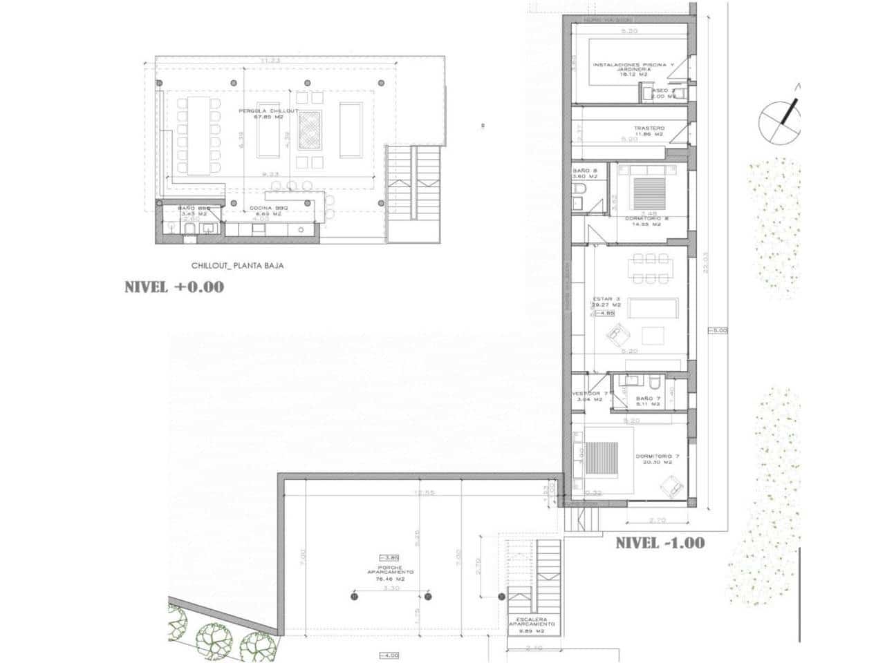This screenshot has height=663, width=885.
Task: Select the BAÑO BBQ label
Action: [x=194, y=208]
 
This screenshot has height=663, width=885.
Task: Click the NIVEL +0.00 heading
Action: [x=174, y=287]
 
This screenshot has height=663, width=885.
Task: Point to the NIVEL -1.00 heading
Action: [x=660, y=543]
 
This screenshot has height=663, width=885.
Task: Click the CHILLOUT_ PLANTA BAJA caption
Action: [x=237, y=265]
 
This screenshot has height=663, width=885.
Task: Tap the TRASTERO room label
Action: [x=649, y=129]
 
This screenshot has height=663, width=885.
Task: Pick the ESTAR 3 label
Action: [x=603, y=300]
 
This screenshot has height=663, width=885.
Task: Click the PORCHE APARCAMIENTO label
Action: [x=391, y=572]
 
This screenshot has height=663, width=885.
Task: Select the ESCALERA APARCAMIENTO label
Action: [x=534, y=623]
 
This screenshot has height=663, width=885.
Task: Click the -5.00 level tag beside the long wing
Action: [x=718, y=331]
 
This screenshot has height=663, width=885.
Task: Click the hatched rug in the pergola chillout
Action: [x=308, y=131]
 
